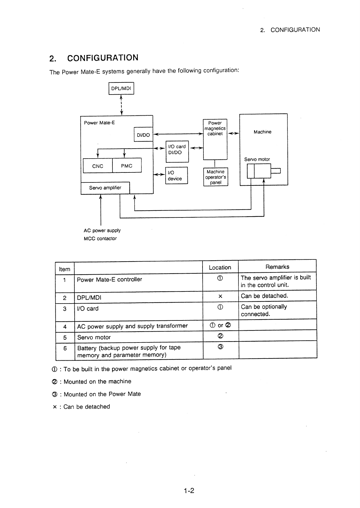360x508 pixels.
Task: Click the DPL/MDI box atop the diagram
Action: [121, 88]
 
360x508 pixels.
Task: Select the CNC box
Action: [98, 166]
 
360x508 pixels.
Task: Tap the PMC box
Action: [127, 165]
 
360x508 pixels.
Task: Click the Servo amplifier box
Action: [105, 188]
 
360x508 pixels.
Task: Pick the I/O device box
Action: [177, 175]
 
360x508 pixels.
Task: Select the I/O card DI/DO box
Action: [177, 152]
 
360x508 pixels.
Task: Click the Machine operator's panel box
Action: [216, 177]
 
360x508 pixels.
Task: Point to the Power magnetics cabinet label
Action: [215, 128]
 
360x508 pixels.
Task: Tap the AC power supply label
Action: [102, 230]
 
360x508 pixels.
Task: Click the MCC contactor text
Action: [100, 239]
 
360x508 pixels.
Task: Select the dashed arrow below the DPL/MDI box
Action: [122, 105]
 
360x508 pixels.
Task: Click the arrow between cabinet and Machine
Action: [233, 133]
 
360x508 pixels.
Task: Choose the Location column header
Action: [220, 268]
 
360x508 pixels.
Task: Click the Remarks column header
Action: [277, 267]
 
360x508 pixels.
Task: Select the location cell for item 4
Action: [220, 325]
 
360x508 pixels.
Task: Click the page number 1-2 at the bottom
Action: [189, 490]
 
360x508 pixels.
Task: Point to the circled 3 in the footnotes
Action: [54, 394]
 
